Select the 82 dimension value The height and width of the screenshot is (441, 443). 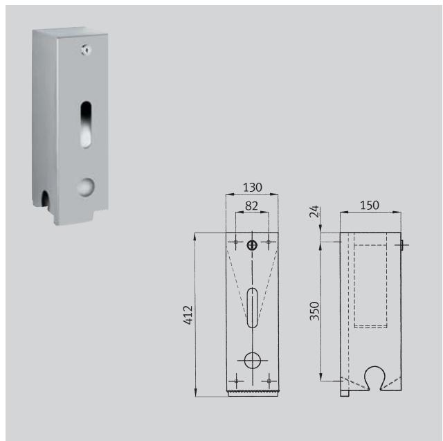(253, 206)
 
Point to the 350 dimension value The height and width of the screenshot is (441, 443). (314, 310)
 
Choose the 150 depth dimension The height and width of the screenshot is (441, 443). (370, 206)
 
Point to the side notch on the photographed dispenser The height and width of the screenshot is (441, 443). (46, 201)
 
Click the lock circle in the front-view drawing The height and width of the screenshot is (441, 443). (253, 244)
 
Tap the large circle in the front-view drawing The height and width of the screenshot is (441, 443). (253, 360)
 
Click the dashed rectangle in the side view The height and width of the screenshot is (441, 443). (370, 280)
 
